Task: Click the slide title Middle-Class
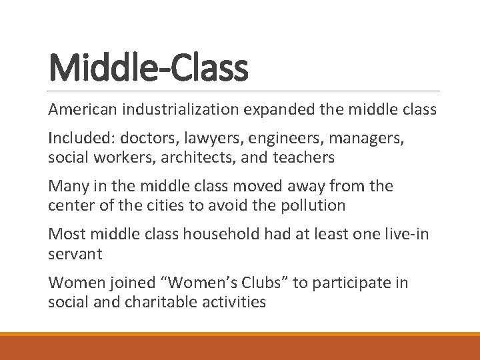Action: coord(148,69)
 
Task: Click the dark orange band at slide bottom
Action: coord(240,347)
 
